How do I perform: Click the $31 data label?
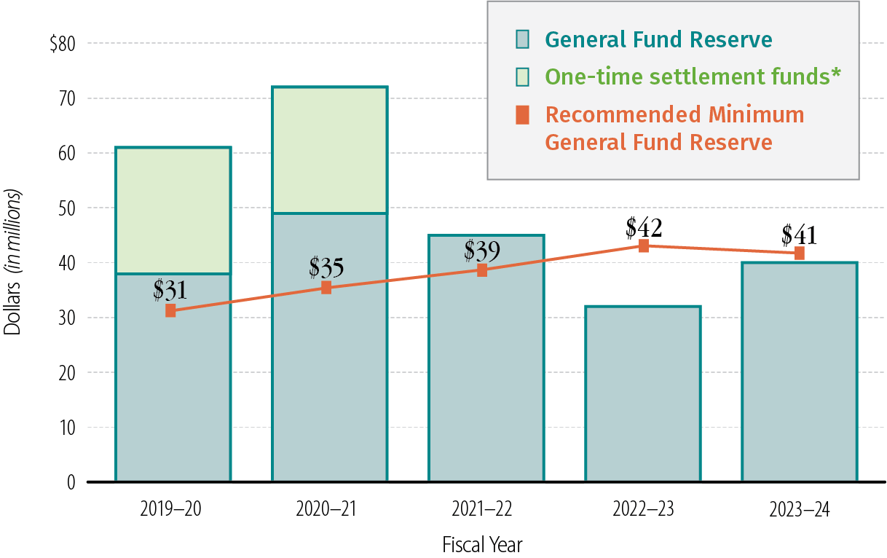[170, 290]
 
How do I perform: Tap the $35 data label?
[326, 267]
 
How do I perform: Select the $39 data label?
[482, 251]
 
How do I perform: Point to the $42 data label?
[644, 228]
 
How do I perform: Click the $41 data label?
[799, 235]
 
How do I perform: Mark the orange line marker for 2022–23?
[644, 246]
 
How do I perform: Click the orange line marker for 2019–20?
[170, 310]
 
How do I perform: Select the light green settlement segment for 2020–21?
[329, 150]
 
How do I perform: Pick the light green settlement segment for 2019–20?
[173, 210]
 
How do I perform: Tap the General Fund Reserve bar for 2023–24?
[799, 372]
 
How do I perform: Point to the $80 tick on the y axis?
[63, 44]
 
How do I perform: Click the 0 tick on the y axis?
[71, 482]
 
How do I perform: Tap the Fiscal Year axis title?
[482, 544]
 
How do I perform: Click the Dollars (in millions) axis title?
[13, 262]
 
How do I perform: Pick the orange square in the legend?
[523, 114]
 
